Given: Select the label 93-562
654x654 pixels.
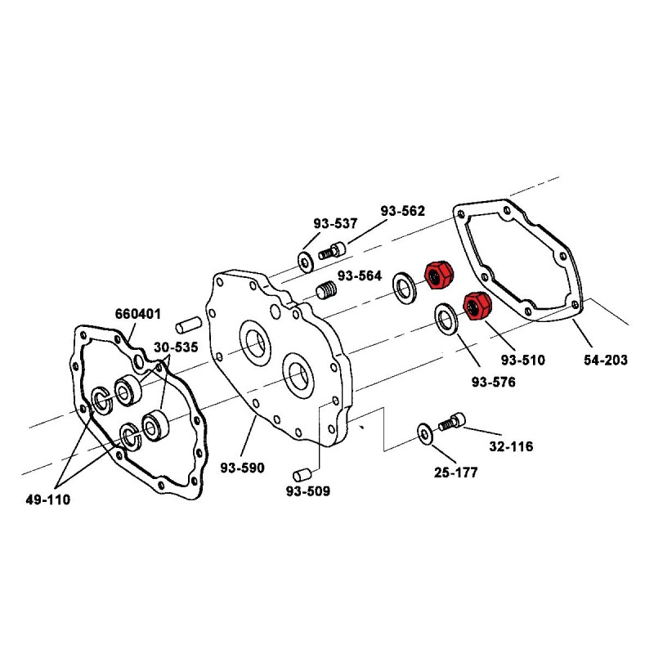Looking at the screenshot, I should (x=402, y=210).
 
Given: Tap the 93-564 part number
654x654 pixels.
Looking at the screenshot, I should (x=360, y=275).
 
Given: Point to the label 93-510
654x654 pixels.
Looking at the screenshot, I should (x=523, y=359).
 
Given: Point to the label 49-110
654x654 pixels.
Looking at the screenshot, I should (x=47, y=499).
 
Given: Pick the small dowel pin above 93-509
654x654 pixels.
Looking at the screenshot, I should (x=299, y=473).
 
